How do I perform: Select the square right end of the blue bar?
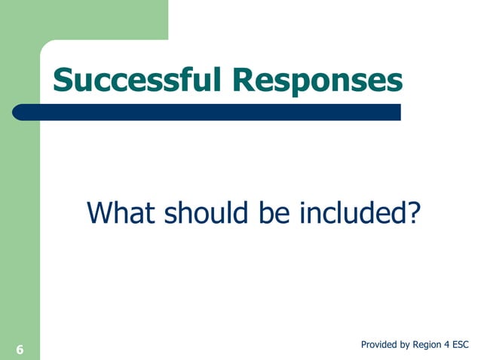pyautogui.click(x=397, y=112)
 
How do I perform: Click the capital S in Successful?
pyautogui.click(x=63, y=81)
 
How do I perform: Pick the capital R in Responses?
pyautogui.click(x=244, y=81)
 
